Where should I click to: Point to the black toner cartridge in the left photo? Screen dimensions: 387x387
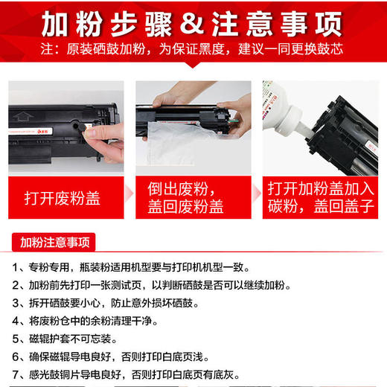point(60,112)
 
